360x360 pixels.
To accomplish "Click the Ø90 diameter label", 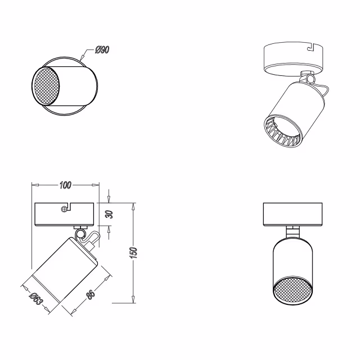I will click(102, 50).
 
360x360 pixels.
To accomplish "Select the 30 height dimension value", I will click(110, 214).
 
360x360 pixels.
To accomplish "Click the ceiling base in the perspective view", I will click(292, 58).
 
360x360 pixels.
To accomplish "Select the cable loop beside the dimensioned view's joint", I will click(93, 238).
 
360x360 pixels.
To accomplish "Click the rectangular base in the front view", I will click(291, 213).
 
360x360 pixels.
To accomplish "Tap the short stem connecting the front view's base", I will click(291, 231).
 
